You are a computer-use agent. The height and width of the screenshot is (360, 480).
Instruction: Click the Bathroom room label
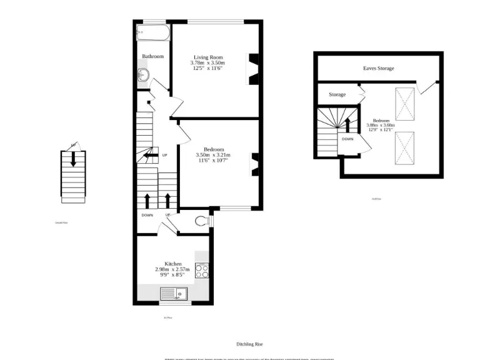click(x=152, y=57)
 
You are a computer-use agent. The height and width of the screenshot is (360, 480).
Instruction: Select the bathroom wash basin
click(x=142, y=75)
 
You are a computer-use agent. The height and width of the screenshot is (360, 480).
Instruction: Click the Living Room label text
click(x=207, y=57)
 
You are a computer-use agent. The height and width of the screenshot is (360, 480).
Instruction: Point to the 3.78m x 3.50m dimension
click(x=207, y=62)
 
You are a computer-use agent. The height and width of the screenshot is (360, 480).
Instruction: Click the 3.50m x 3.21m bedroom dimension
click(x=213, y=155)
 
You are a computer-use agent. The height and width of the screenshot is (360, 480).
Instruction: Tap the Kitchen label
click(x=173, y=264)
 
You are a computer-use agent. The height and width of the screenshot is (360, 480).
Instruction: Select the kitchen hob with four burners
click(x=202, y=271)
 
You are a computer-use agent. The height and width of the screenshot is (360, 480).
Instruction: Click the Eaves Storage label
click(x=379, y=68)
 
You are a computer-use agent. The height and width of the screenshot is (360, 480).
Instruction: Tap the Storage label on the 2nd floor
click(x=337, y=95)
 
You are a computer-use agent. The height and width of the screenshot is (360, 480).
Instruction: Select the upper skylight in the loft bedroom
click(x=405, y=103)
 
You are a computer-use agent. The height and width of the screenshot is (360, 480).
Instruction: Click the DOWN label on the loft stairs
click(x=348, y=139)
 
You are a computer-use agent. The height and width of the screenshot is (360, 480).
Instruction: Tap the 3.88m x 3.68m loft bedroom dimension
click(x=381, y=125)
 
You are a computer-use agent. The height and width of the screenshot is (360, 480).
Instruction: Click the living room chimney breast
click(x=254, y=69)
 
